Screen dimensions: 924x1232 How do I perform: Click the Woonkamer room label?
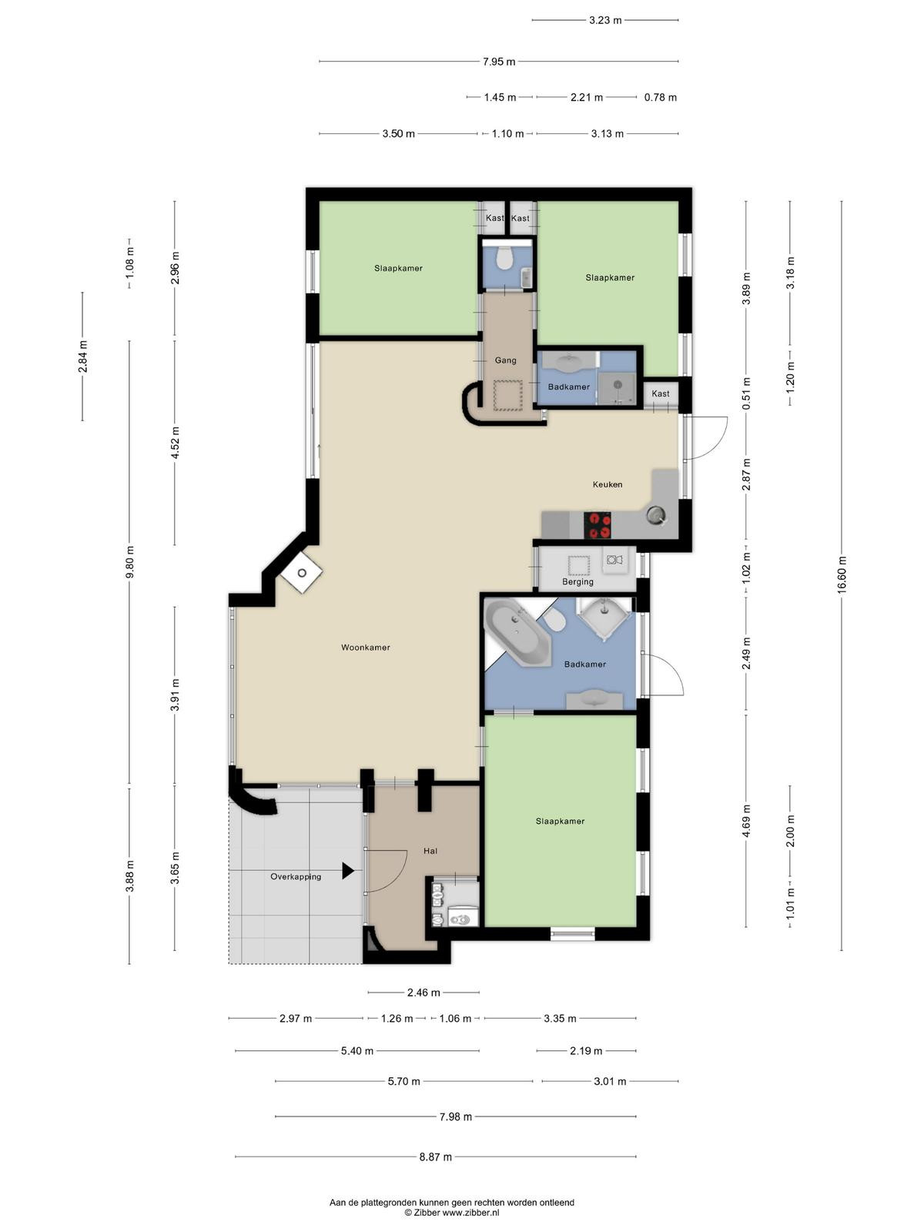[365, 647]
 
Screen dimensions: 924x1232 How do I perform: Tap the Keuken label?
[607, 484]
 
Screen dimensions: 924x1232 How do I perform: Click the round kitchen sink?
[656, 514]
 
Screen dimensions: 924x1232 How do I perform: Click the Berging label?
[577, 581]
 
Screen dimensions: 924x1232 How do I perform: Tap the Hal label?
[430, 851]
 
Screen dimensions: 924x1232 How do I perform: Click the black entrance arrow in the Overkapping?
[348, 871]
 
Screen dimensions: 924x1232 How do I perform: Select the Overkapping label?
[296, 877]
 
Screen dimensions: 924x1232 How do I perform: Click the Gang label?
[505, 360]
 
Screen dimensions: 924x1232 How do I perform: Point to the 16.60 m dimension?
[842, 574]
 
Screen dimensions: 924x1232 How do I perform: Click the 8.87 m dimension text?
[435, 1157]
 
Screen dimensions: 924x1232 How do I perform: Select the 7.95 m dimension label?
[499, 62]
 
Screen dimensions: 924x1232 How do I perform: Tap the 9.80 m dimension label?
[129, 562]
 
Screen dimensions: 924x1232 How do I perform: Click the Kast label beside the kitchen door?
[661, 393]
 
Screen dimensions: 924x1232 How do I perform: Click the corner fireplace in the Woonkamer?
[302, 573]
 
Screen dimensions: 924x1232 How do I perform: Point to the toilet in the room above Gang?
[505, 258]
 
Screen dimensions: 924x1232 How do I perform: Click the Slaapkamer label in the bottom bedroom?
[560, 821]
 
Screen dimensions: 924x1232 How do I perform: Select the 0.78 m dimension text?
[661, 97]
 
